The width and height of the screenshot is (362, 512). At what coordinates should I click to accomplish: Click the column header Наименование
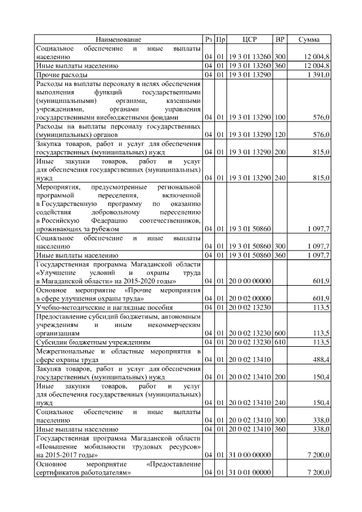(118, 39)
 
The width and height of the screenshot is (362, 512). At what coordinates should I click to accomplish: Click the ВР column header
(279, 39)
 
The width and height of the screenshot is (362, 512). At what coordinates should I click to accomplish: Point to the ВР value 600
(279, 333)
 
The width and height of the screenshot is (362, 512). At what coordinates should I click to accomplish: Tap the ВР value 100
(279, 117)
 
